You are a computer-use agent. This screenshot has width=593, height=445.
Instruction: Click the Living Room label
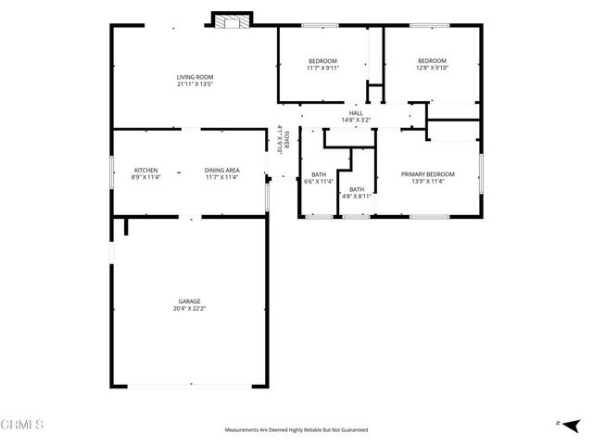point(196,77)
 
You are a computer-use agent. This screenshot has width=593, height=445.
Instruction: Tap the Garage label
point(190,301)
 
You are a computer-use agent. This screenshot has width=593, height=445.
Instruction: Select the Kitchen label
point(146,170)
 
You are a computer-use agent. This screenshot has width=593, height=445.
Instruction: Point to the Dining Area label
point(222,170)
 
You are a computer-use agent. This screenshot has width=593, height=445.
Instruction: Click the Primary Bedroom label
point(428,174)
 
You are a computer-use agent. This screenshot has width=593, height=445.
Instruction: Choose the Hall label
point(356,112)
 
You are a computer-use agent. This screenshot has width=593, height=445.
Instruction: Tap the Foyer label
point(287,136)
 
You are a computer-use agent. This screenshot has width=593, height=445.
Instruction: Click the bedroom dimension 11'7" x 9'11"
point(322,68)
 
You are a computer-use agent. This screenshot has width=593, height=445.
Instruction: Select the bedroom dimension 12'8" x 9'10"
point(432,68)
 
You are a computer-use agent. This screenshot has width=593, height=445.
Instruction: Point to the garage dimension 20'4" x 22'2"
point(190,309)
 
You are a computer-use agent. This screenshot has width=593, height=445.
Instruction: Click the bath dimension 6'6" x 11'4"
point(319,182)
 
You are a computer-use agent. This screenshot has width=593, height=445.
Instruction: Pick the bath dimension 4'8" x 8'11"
point(357,196)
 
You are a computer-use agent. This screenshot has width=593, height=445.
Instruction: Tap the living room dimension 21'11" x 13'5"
point(196,84)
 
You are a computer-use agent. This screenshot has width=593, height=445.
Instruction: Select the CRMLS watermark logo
point(23,426)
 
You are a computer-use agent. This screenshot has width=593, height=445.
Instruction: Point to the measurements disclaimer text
point(296,430)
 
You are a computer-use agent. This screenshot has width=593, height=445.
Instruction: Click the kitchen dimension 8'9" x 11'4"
point(146,177)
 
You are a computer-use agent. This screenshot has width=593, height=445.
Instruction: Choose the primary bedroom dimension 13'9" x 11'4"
point(428,182)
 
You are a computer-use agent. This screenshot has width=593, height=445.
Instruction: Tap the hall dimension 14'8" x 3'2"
point(356,120)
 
